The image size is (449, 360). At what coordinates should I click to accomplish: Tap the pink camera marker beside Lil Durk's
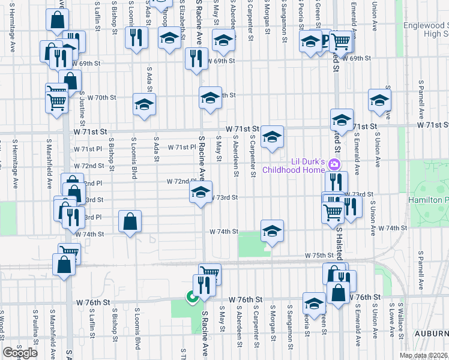(335, 165)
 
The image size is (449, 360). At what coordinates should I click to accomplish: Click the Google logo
(20, 352)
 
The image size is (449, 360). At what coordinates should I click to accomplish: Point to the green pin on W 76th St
(191, 296)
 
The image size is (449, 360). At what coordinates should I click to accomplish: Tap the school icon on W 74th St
(272, 231)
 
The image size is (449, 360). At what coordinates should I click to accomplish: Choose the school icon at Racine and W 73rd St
(201, 193)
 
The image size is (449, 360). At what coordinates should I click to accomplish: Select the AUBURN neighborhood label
(430, 334)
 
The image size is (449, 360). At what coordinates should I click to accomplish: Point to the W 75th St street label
(318, 256)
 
